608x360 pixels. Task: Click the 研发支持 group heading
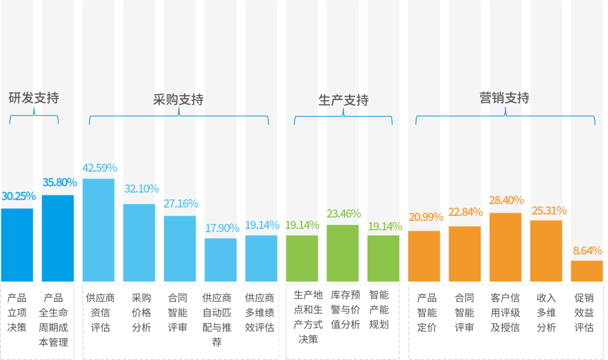tap(34, 98)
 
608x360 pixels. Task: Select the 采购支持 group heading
tap(178, 100)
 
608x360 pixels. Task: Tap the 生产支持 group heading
tap(343, 100)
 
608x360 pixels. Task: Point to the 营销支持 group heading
tap(504, 98)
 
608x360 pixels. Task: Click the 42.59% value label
tap(99, 168)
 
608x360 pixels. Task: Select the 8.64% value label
tap(587, 251)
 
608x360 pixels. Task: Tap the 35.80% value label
tap(59, 182)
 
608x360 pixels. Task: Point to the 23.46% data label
tap(343, 214)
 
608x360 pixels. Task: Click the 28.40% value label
tap(506, 201)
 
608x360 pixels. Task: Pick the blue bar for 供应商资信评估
tap(99, 231)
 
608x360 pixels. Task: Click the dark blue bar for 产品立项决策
tap(17, 245)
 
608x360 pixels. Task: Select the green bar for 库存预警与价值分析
tap(343, 254)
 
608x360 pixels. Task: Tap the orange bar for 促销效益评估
tap(587, 271)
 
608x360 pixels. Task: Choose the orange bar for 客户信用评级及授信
tap(506, 247)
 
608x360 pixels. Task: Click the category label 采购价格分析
tap(141, 313)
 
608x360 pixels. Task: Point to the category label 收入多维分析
tap(546, 313)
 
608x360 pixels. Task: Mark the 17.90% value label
tap(221, 228)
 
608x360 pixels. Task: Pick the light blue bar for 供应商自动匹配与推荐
tap(221, 260)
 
